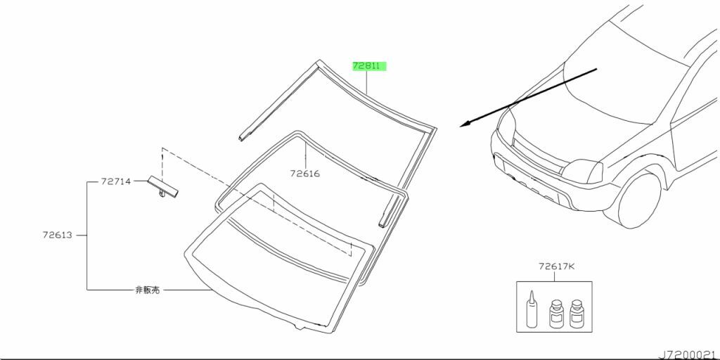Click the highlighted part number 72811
pyautogui.click(x=366, y=66)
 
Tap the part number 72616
pyautogui.click(x=305, y=174)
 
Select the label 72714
pyautogui.click(x=116, y=181)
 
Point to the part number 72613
pyautogui.click(x=58, y=235)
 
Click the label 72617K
pyautogui.click(x=557, y=266)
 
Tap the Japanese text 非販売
pyautogui.click(x=148, y=290)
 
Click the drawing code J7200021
pyautogui.click(x=688, y=355)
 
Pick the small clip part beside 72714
pyautogui.click(x=162, y=187)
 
